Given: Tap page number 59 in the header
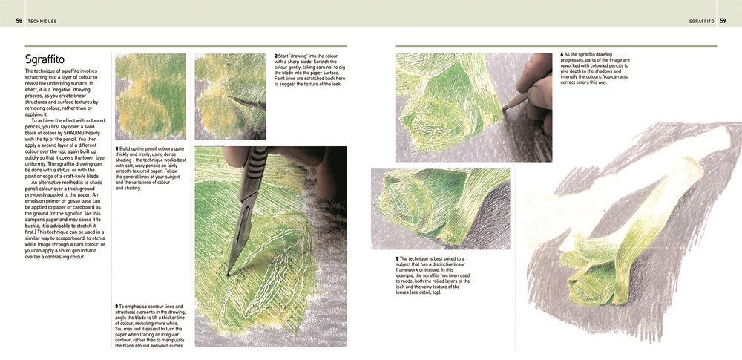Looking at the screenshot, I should (x=722, y=21).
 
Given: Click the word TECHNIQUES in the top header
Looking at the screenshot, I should (x=42, y=21).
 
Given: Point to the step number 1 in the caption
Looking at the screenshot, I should (x=116, y=148).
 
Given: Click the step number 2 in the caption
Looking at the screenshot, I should (x=276, y=56).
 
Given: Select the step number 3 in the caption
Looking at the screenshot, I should (x=116, y=306).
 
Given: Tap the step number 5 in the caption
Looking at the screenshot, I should (x=398, y=258).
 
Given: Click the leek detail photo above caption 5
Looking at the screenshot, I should (x=441, y=209).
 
